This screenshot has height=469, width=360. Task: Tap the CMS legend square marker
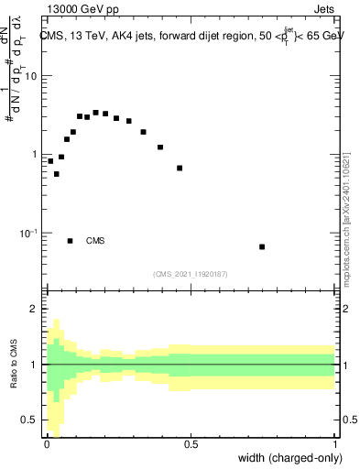(70, 241)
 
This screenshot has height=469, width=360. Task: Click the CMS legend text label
(95, 241)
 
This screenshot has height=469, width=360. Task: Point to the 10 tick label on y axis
(30, 76)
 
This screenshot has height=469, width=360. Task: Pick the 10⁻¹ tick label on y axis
(28, 234)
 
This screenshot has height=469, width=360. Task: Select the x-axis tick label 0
(46, 443)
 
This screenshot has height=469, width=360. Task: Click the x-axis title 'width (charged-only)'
(290, 457)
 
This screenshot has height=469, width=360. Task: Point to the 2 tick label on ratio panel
(34, 309)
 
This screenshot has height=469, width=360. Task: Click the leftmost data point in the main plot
(50, 161)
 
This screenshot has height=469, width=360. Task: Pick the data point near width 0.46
(180, 168)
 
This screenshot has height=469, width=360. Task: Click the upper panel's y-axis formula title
(16, 64)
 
